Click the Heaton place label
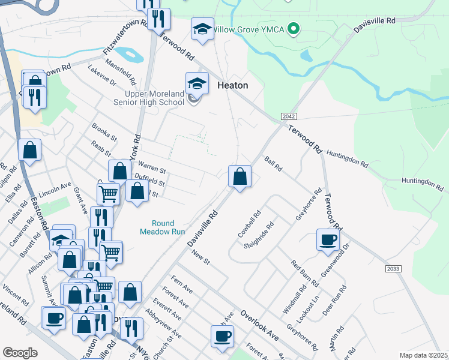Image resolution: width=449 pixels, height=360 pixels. [x=232, y=86]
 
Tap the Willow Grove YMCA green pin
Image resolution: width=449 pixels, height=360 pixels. [x=294, y=28]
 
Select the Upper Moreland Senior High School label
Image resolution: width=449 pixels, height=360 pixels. [x=154, y=98]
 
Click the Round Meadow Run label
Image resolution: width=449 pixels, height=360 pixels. [x=158, y=227]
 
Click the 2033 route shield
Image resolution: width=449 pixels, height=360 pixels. [x=393, y=269]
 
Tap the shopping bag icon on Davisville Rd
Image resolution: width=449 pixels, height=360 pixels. [x=240, y=176]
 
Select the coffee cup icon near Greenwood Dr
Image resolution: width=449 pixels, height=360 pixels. [x=328, y=239]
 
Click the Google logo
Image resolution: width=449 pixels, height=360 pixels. [x=20, y=352]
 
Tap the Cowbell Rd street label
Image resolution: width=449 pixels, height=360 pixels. [x=249, y=223]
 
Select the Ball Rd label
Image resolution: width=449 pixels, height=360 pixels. [x=273, y=164]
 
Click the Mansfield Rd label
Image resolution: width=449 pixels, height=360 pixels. [x=120, y=70]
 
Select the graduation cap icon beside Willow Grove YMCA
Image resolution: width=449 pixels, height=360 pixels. [x=203, y=28]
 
